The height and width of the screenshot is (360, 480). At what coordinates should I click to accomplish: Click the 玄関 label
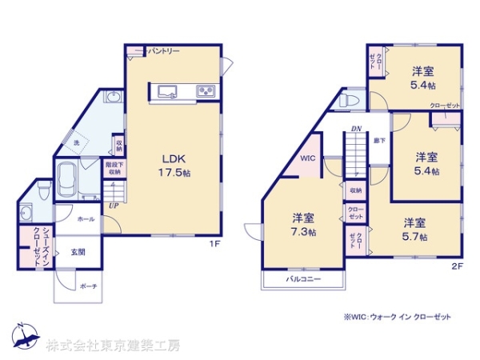[77, 252]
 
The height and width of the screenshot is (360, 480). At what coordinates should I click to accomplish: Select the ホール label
[86, 218]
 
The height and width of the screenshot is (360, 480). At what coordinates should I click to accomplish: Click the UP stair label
[115, 205]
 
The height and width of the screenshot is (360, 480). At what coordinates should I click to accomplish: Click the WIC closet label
[308, 158]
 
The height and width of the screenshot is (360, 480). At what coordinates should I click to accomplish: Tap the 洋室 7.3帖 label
[302, 224]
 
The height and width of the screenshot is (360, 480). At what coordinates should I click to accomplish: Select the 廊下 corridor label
[378, 142]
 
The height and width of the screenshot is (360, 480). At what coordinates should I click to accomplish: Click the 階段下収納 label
[114, 168]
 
